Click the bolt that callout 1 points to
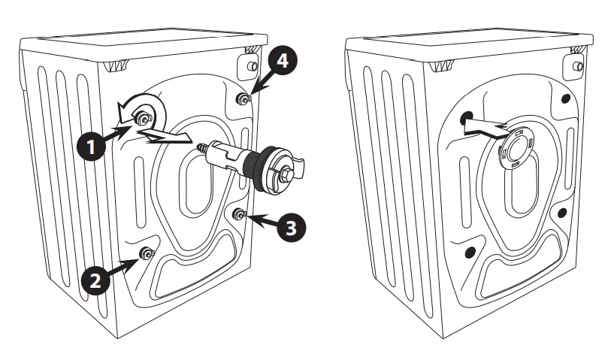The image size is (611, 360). coord(141,116)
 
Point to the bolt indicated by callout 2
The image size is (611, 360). coord(146,254)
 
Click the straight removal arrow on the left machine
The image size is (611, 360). coord(169,135)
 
